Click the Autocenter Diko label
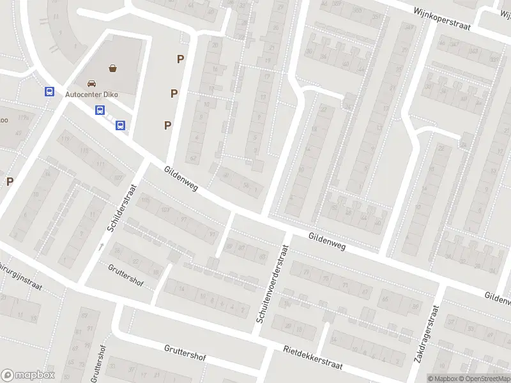pos(92,94)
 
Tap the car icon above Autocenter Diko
pos(92,83)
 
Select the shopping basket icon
pos(113,67)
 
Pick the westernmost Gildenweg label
pos(181,179)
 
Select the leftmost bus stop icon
pos(49,91)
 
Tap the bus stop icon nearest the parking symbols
pos(120,125)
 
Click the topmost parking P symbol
pos(181,59)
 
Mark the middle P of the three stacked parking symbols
pos(174,93)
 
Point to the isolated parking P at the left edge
pos(10,181)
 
